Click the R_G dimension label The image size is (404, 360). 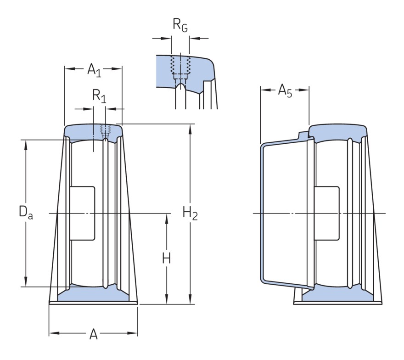180,25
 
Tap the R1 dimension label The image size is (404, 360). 99,96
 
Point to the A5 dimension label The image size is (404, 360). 285,90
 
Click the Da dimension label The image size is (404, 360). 25,212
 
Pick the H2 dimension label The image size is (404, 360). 190,213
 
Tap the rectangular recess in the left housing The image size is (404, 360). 83,213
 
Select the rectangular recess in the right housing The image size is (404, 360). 326,213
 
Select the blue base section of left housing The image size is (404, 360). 93,295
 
